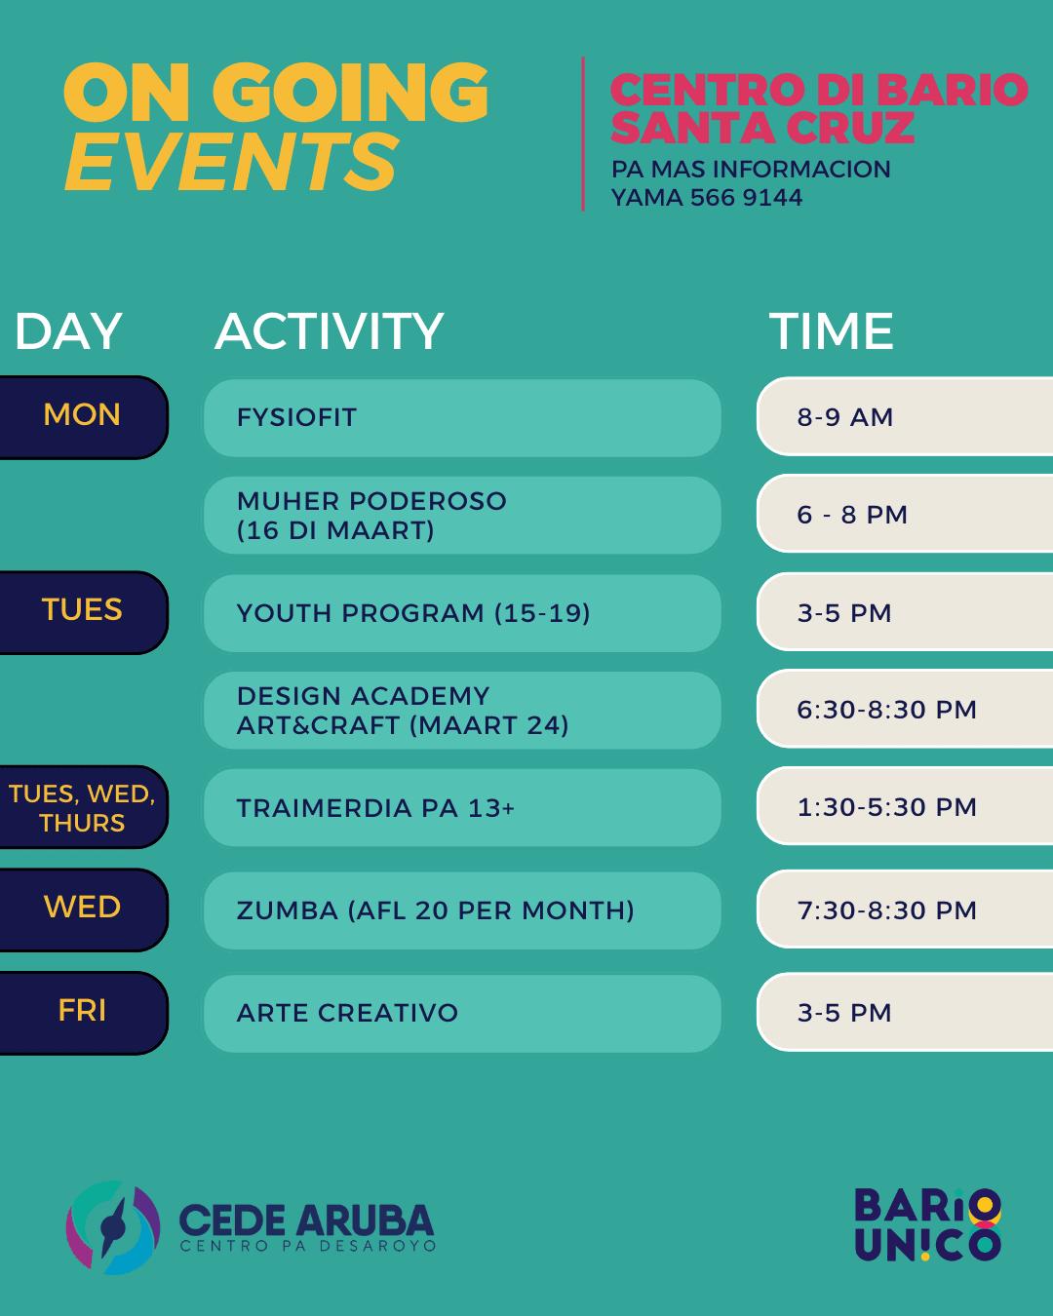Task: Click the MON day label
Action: pos(82,415)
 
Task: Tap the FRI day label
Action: pos(82,1010)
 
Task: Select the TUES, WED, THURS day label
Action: pos(82,808)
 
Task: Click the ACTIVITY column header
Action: pos(330,330)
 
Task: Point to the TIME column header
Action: pos(831,330)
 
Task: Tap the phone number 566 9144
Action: pos(746,198)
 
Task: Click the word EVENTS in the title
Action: pos(231,162)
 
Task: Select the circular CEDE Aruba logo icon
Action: pos(113,1227)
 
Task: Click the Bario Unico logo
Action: pos(927,1225)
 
